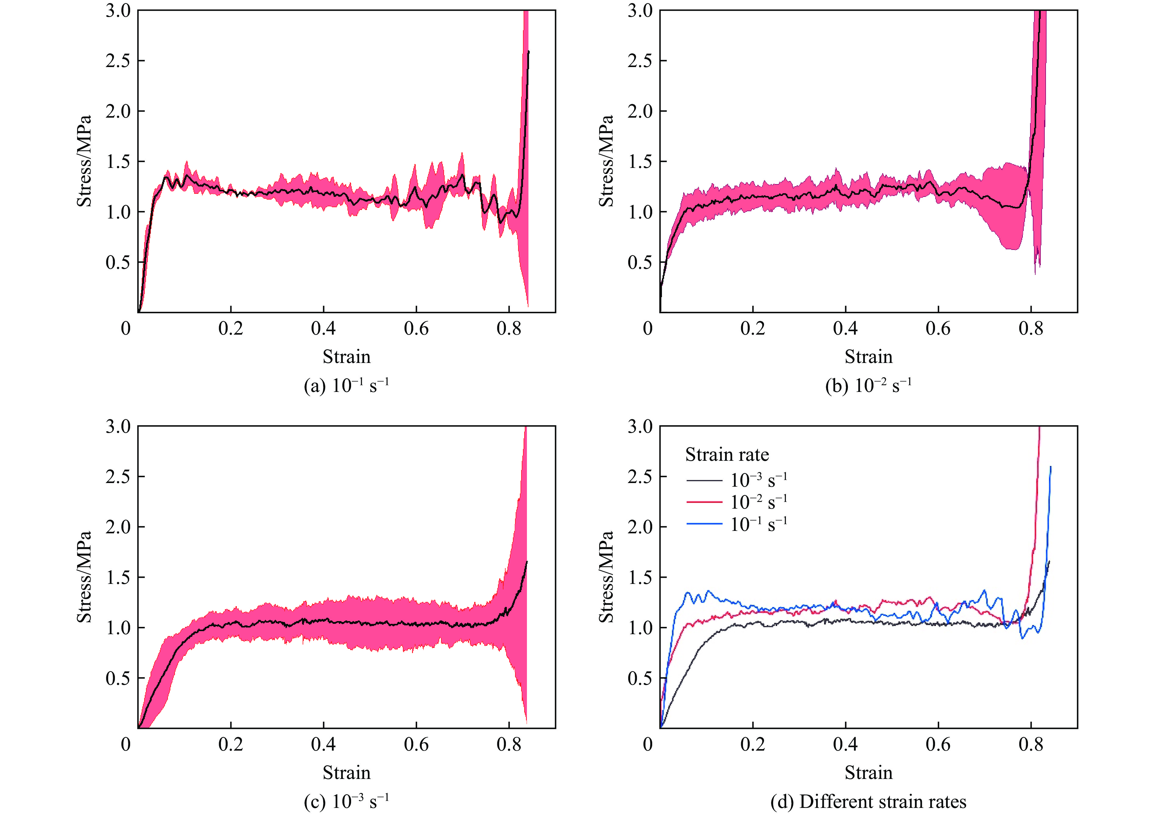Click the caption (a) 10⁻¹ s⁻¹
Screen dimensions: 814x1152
(346, 386)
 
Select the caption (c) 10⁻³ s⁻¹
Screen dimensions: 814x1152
(346, 802)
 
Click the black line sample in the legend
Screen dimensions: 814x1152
(704, 480)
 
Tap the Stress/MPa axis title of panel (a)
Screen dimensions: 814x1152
(84, 161)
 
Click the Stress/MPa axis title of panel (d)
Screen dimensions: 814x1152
(606, 577)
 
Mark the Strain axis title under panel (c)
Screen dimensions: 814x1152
(346, 772)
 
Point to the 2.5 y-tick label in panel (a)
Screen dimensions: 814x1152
(118, 61)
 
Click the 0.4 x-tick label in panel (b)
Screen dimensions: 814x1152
(845, 329)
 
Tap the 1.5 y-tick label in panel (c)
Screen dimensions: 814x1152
(118, 577)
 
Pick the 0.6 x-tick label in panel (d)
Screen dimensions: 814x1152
(938, 744)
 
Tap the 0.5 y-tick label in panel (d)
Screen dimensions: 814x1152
(640, 678)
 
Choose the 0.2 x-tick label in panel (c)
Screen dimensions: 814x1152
(231, 744)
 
